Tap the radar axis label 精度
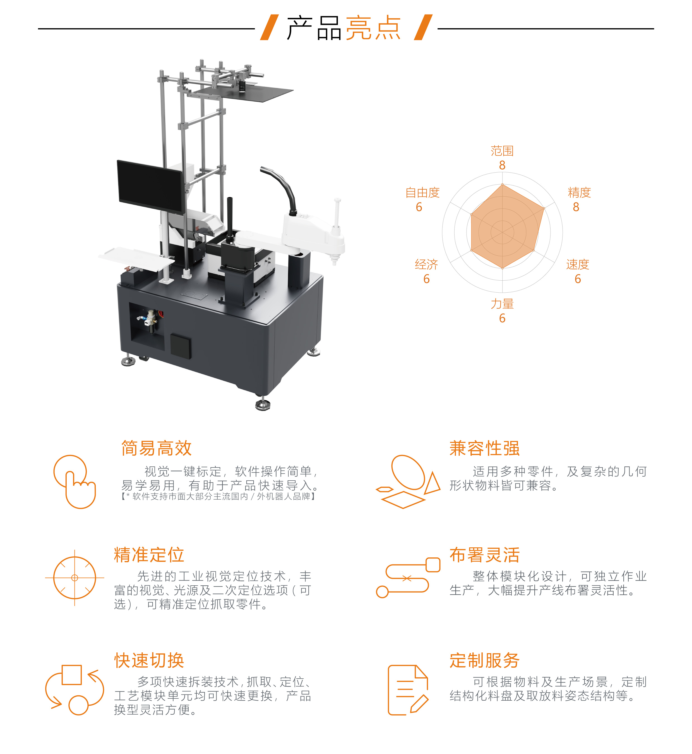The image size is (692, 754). click(x=579, y=193)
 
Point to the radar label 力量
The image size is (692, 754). click(x=502, y=304)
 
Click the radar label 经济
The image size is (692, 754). click(x=426, y=264)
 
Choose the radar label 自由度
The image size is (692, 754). click(x=422, y=193)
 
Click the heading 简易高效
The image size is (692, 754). click(x=157, y=448)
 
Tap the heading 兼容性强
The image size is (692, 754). click(x=485, y=448)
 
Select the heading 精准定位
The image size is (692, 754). click(x=149, y=555)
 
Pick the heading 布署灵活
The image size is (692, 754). click(x=485, y=555)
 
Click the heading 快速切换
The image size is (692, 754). click(x=149, y=660)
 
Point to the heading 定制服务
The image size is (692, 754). click(x=485, y=660)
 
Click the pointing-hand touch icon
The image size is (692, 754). click(x=75, y=481)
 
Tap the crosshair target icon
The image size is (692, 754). click(x=75, y=578)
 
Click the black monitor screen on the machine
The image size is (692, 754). click(x=150, y=186)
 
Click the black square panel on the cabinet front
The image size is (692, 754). click(x=181, y=346)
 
